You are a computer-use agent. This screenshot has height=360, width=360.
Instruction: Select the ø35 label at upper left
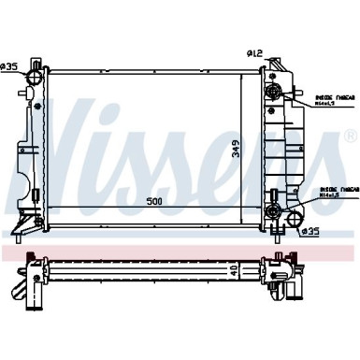(9, 65)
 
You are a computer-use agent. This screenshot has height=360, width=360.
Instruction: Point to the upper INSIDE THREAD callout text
(332, 94)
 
